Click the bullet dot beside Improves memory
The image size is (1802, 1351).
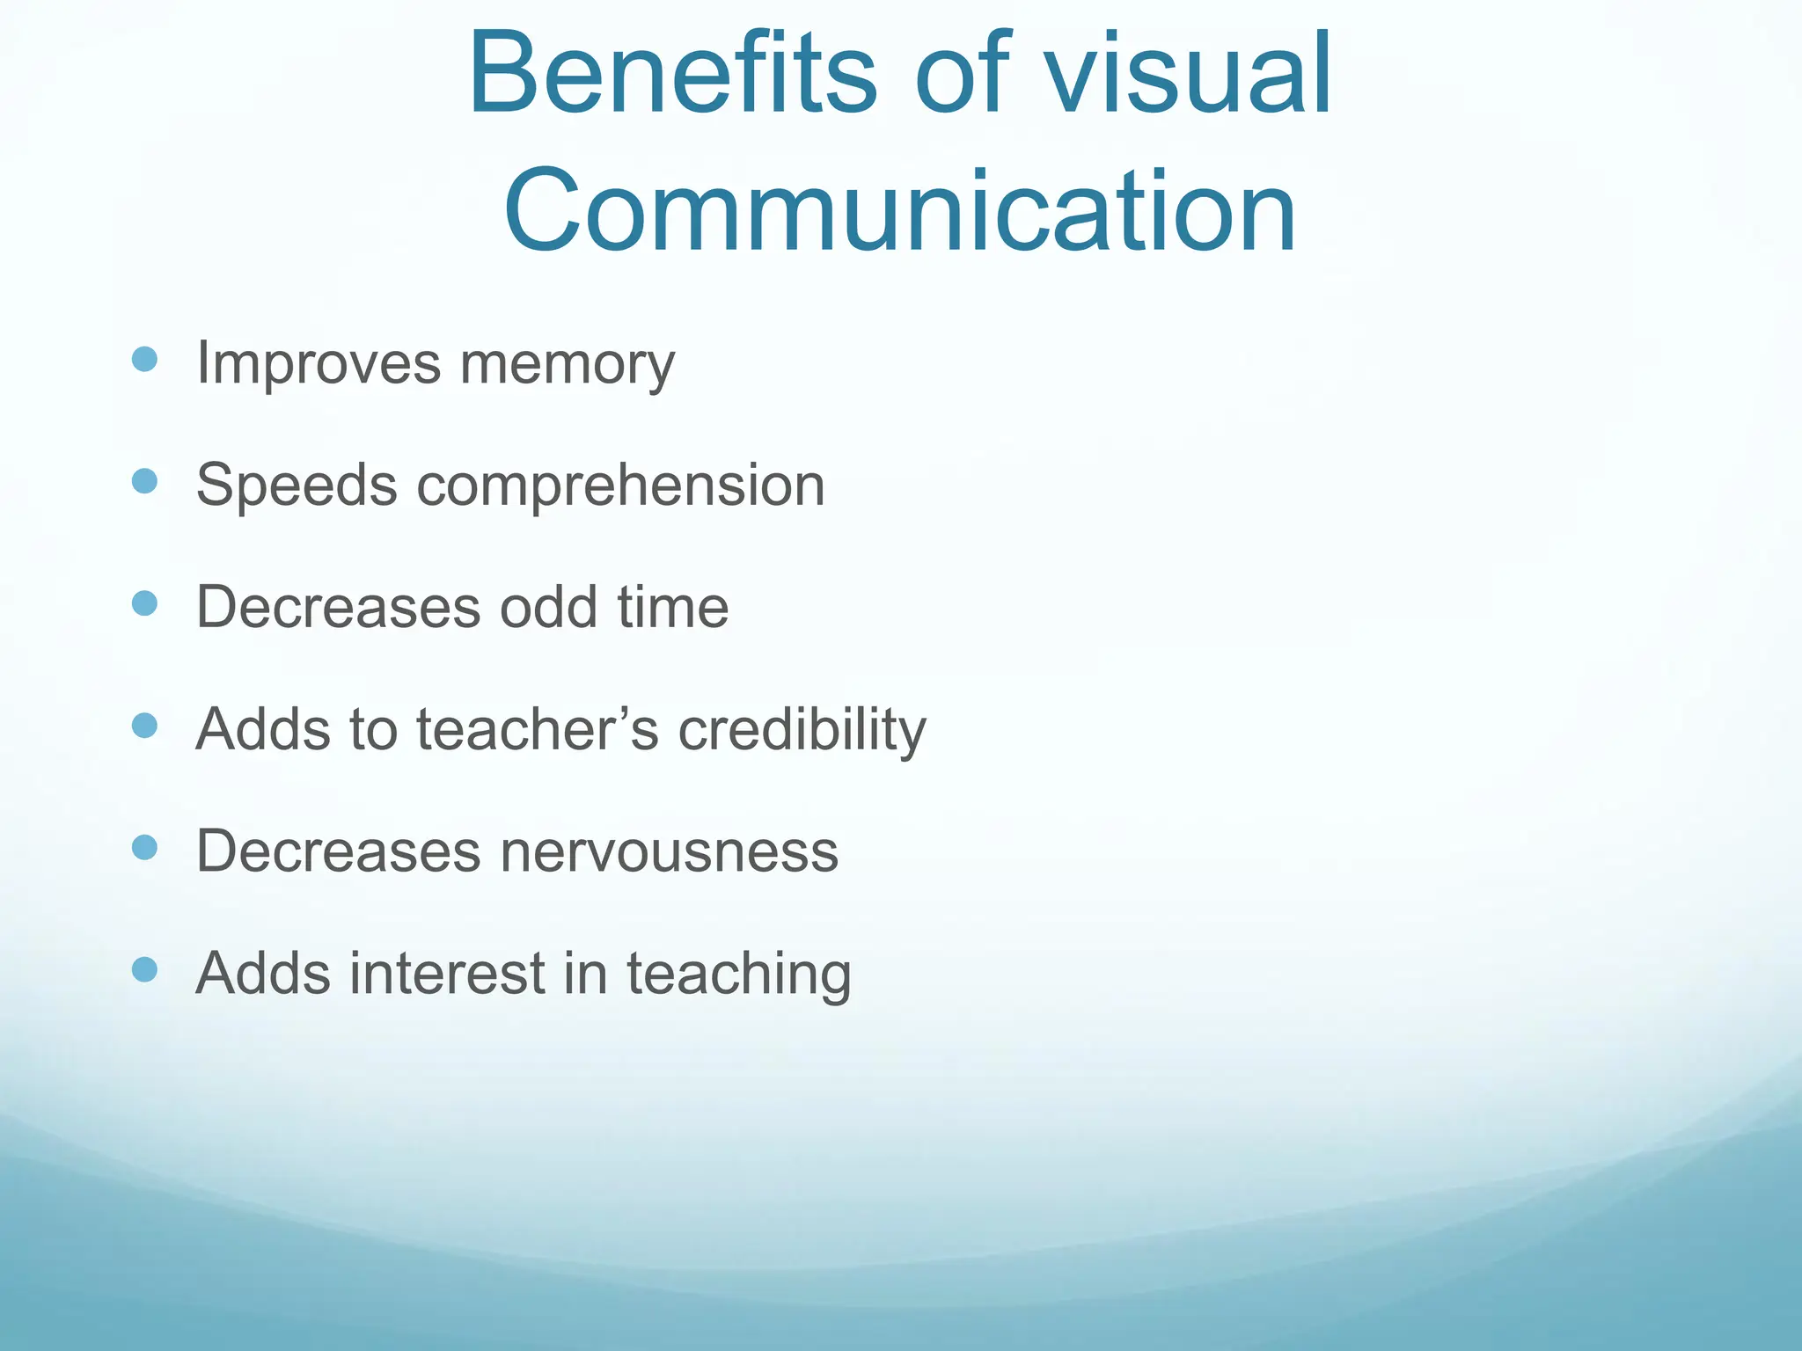[x=144, y=360]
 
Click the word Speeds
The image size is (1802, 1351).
[x=297, y=485]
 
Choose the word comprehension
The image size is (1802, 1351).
[x=620, y=486]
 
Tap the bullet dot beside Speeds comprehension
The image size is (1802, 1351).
[x=144, y=481]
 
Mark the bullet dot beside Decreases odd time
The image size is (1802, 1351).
[x=144, y=603]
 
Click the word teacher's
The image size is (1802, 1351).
[x=538, y=729]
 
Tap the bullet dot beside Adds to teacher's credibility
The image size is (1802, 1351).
[x=144, y=726]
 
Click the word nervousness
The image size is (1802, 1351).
[x=669, y=851]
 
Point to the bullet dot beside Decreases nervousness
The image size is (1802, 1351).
[x=144, y=848]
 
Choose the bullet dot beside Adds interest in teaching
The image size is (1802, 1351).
[x=144, y=970]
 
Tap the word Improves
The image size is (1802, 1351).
[x=318, y=363]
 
